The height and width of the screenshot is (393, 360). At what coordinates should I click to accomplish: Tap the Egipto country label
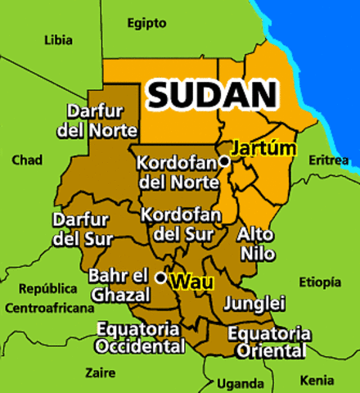[146, 23]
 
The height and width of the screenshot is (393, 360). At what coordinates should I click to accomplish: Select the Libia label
[57, 39]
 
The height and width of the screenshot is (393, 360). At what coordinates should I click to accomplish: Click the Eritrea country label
[328, 160]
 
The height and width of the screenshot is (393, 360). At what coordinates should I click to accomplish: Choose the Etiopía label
[319, 282]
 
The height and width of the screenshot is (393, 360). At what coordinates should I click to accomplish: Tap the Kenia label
[317, 381]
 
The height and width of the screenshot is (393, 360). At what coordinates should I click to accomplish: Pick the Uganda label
[241, 383]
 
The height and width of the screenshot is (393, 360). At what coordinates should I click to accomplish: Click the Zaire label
[100, 373]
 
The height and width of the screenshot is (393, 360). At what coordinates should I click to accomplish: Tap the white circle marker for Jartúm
[224, 162]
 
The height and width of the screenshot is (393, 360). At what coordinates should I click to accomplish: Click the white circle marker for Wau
[161, 278]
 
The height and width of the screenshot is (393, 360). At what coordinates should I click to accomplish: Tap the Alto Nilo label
[255, 243]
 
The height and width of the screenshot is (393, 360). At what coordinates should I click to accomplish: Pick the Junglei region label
[254, 304]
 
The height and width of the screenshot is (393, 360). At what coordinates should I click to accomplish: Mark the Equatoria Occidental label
[139, 337]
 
